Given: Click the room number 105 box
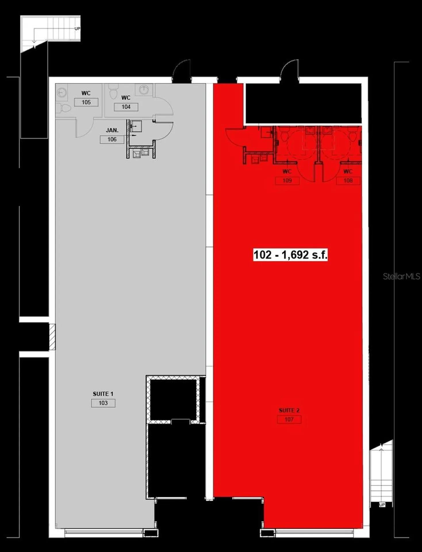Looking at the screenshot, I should [x=86, y=102].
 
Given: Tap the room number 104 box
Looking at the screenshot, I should [x=126, y=107].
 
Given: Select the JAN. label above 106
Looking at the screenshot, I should [x=112, y=130].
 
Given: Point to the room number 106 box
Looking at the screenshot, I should [x=112, y=139].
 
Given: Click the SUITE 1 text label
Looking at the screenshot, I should [x=103, y=394].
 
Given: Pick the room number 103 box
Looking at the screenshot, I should [x=103, y=403].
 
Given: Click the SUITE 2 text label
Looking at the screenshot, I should [x=289, y=410].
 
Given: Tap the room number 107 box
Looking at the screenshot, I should [x=289, y=419].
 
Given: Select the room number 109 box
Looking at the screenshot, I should [x=287, y=181].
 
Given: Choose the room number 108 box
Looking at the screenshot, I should [x=348, y=181].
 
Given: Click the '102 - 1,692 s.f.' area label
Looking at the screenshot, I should [x=290, y=255].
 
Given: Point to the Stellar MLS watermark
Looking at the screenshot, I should [x=401, y=277].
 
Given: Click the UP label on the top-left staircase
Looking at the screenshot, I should [x=77, y=29].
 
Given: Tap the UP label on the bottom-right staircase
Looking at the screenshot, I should [x=382, y=505].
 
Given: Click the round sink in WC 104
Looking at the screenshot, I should [x=143, y=89].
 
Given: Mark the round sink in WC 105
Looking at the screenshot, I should [x=62, y=93].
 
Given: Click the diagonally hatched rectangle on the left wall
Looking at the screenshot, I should [x=52, y=337].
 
